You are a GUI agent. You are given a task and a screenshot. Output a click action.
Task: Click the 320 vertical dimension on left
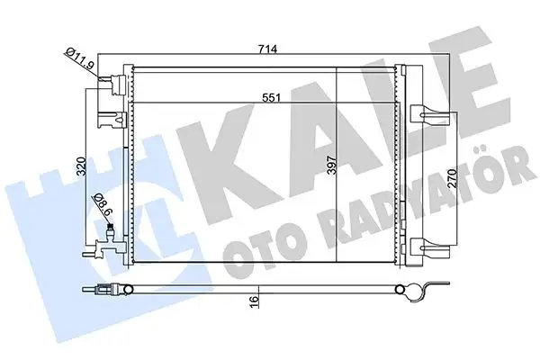[80, 166]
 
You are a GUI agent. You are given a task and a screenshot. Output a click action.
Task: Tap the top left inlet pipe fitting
[112, 84]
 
